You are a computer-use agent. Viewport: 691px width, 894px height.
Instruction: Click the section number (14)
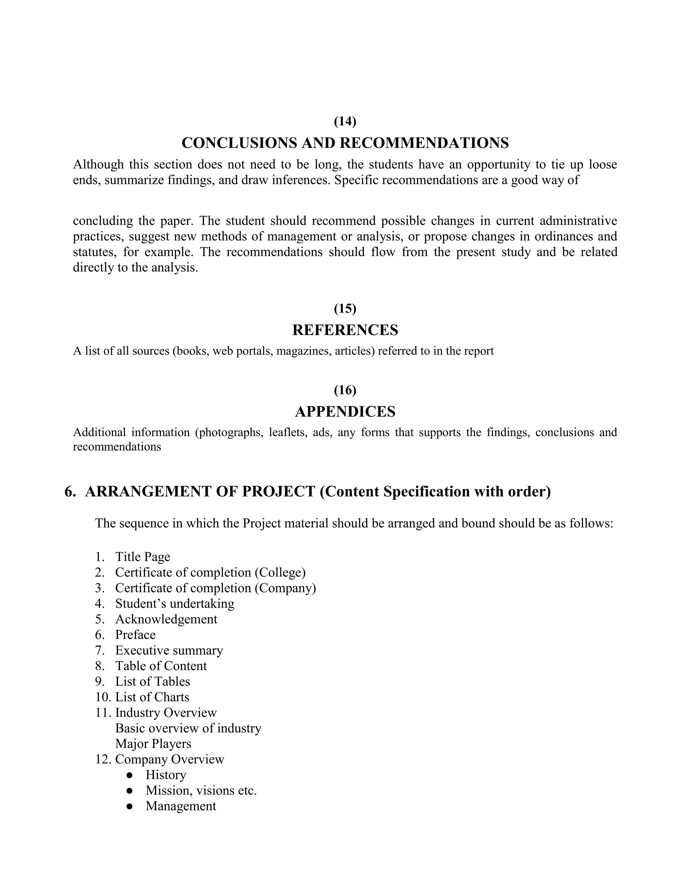pos(345,121)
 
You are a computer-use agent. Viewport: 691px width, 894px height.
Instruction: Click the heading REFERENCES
pos(345,330)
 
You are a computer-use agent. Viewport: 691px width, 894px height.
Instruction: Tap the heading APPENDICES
pos(345,412)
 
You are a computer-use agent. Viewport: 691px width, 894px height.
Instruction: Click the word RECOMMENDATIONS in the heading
pos(424,143)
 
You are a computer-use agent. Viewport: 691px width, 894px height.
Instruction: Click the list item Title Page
pos(142,557)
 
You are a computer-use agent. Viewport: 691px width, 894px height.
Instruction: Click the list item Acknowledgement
pos(166,619)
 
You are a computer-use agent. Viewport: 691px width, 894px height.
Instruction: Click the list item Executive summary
pos(169,650)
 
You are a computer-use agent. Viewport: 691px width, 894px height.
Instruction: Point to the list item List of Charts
pos(152,697)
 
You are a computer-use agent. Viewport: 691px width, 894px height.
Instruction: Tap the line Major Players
pos(153,744)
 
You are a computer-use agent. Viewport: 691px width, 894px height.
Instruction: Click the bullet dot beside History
pos(130,775)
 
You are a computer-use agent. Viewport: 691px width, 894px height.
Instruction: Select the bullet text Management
pos(181,806)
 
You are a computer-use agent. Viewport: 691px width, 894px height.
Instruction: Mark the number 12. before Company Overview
pos(103,759)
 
